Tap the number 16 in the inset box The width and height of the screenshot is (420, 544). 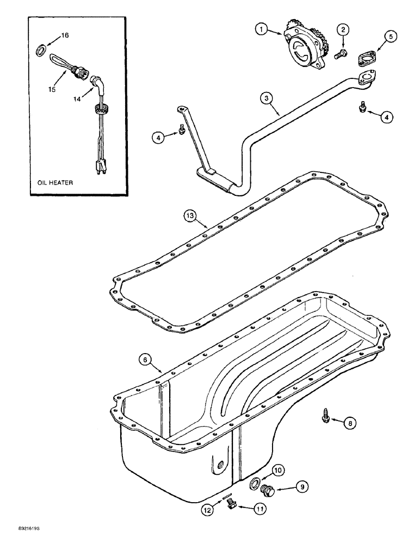click(64, 35)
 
